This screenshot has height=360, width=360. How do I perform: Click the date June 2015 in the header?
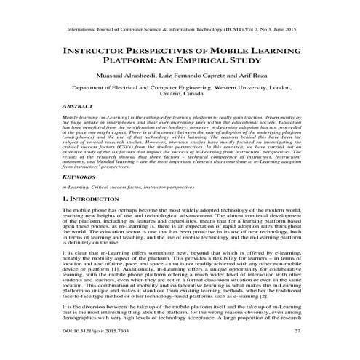[x=285, y=30]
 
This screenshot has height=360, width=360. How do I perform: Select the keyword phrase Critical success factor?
[x=125, y=188]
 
